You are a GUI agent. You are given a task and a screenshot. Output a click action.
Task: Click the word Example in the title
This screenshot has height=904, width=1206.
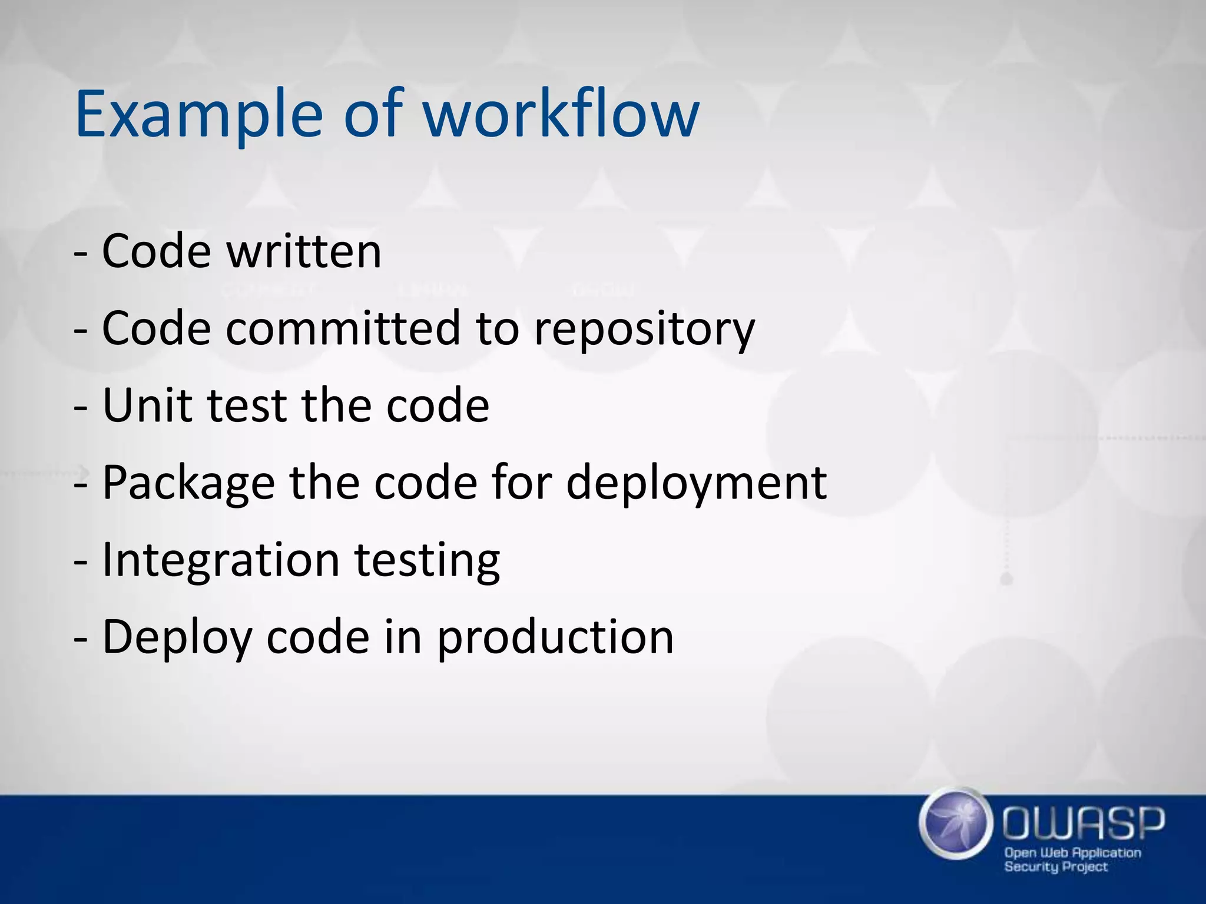[198, 115]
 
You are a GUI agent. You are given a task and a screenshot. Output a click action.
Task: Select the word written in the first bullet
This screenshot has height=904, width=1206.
[304, 251]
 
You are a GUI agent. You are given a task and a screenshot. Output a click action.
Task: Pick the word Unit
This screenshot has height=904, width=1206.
[147, 406]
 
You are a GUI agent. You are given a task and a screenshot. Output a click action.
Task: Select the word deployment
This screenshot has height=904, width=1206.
[696, 484]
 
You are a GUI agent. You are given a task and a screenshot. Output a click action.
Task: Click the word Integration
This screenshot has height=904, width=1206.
[221, 561]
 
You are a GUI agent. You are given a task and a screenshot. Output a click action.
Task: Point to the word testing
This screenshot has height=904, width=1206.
[427, 561]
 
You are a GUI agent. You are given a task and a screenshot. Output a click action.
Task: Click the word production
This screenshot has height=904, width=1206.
[555, 639]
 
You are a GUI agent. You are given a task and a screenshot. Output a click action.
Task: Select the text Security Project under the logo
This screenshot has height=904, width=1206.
[1055, 867]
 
